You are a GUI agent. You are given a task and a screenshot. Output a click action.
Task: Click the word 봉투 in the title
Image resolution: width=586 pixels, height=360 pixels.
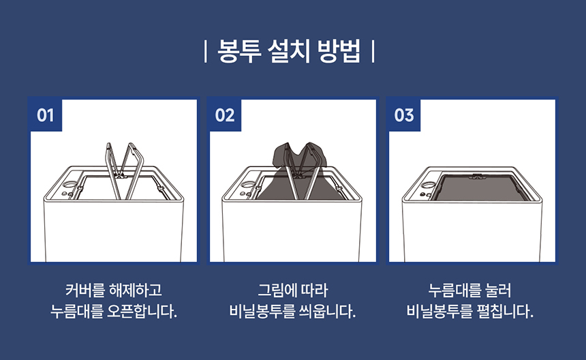(239, 51)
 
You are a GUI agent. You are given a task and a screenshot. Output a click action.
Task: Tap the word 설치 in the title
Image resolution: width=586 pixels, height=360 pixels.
(289, 51)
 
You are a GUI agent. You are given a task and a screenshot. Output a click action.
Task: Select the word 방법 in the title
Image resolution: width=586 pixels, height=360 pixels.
(339, 51)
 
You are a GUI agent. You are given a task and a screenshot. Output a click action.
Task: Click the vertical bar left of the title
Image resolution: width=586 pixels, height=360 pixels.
(205, 52)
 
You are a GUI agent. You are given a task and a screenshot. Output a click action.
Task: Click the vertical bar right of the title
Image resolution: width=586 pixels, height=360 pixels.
(373, 52)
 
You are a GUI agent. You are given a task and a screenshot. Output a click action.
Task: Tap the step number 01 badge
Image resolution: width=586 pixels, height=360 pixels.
(46, 115)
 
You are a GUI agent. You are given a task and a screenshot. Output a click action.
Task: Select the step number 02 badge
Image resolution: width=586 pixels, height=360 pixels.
(225, 115)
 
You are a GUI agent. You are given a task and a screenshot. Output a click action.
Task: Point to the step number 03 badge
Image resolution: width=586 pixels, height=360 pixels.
(404, 115)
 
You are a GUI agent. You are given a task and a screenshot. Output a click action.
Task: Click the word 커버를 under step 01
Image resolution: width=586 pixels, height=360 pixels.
(85, 290)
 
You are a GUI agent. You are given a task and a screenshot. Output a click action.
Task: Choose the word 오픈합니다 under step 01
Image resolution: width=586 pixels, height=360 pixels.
(142, 312)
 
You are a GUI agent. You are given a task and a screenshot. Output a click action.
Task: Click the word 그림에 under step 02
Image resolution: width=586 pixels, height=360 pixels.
(276, 290)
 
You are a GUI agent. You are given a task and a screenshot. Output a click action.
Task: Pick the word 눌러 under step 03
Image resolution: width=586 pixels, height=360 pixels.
(497, 290)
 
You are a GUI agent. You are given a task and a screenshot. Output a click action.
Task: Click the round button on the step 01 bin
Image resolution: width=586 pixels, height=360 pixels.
(70, 184)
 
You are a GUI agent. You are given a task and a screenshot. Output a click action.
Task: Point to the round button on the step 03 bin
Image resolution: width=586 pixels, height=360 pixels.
(427, 184)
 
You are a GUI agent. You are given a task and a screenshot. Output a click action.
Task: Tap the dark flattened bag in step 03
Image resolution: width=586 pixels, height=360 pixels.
(482, 187)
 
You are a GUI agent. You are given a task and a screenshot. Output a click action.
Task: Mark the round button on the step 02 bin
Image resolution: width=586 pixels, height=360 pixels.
(248, 184)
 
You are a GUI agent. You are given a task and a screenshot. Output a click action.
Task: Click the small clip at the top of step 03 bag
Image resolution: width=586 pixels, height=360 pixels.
(476, 176)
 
